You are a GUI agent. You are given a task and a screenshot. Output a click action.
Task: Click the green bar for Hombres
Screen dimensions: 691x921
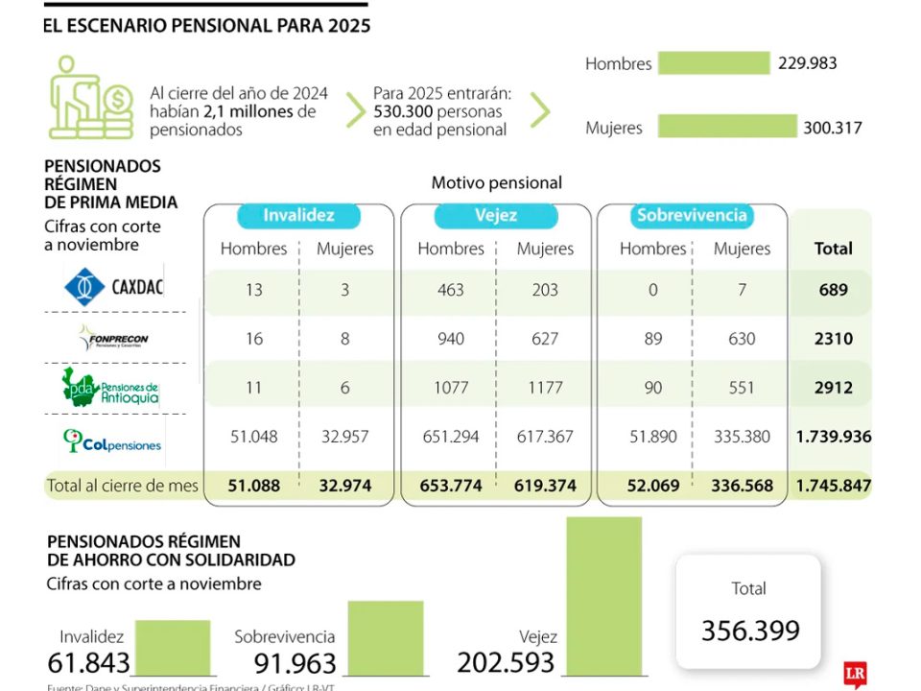click(x=714, y=63)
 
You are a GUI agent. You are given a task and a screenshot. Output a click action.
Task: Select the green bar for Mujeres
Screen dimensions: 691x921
click(x=727, y=127)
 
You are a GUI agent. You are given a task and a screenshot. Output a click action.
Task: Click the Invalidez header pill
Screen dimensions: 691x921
click(x=298, y=216)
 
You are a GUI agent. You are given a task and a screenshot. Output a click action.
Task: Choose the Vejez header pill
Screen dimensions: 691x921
click(x=497, y=216)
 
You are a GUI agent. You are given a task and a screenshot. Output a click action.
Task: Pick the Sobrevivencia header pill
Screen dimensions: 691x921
click(x=691, y=216)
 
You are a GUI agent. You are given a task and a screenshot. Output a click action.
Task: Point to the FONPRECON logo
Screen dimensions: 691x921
click(x=113, y=338)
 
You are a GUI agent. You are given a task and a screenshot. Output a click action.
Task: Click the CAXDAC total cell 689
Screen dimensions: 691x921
click(x=833, y=290)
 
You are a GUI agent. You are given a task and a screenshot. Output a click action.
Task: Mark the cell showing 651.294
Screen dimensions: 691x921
click(x=450, y=437)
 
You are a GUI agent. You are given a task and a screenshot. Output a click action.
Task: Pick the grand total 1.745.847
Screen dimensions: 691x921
click(x=833, y=486)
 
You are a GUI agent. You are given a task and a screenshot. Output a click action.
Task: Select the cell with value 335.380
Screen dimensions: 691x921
click(x=742, y=437)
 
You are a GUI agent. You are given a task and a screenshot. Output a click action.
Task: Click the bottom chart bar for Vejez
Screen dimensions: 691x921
click(x=603, y=595)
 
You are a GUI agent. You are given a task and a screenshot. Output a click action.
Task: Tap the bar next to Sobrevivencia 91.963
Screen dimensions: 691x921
click(x=385, y=637)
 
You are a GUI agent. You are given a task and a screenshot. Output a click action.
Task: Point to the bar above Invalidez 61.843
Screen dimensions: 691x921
click(x=172, y=647)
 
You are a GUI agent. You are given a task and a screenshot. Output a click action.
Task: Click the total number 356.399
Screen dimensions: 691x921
click(x=749, y=631)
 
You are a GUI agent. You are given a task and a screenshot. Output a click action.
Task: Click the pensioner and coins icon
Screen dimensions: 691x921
click(x=90, y=98)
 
